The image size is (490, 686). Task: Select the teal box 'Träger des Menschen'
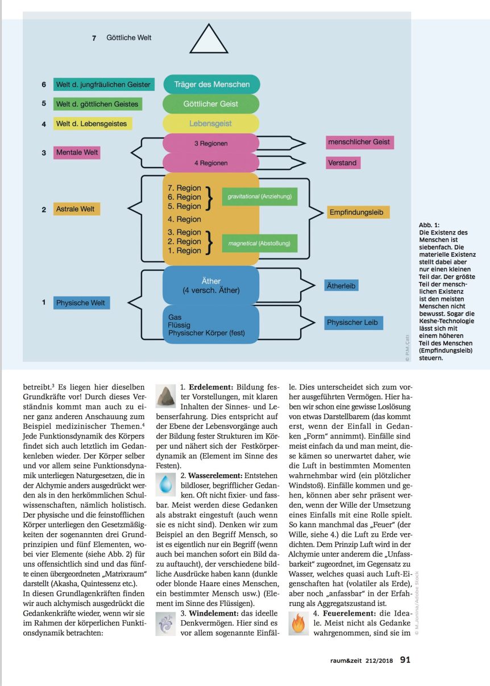[x=211, y=85]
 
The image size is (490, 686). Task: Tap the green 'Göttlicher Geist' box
[x=211, y=104]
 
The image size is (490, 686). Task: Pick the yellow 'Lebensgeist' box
[x=211, y=123]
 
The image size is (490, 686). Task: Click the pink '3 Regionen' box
[x=211, y=144]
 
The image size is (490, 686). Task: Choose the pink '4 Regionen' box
[x=211, y=163]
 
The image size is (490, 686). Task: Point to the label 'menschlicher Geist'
[x=359, y=142]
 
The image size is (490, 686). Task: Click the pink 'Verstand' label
[x=342, y=163]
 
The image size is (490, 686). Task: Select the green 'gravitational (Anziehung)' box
[x=259, y=196]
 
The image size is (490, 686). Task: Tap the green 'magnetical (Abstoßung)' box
[x=259, y=244]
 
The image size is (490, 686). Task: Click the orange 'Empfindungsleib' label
[x=358, y=212]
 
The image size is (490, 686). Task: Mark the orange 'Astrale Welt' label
[x=77, y=209]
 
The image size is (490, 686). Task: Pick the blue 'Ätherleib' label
[x=341, y=286]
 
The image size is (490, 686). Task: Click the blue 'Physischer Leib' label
[x=353, y=323]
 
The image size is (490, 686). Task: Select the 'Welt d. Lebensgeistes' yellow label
[x=92, y=123]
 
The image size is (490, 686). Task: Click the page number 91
[x=405, y=660]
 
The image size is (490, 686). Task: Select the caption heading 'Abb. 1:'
[x=430, y=225]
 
